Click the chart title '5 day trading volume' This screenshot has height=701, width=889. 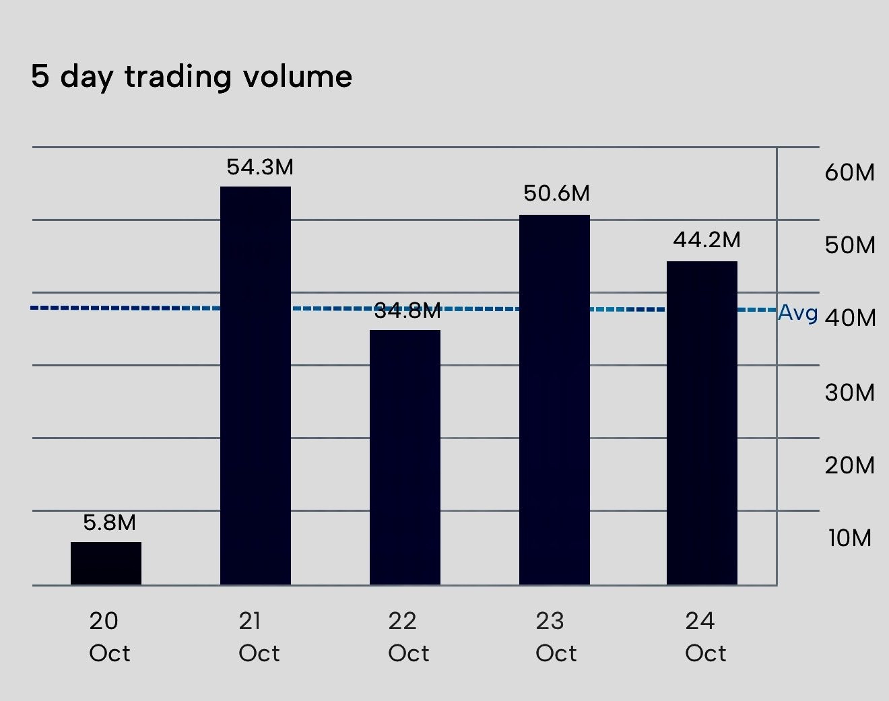coord(191,77)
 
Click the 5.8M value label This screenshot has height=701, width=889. coord(109,523)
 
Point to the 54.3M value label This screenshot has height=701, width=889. coord(259,167)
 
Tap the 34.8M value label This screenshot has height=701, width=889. coord(407,311)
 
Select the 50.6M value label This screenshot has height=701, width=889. coord(556,194)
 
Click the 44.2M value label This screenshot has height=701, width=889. coord(706,240)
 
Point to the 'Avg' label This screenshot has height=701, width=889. coord(798,312)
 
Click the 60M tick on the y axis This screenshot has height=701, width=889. coord(849,172)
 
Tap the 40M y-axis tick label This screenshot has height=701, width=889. coord(849,318)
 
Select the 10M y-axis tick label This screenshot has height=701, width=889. coord(849,538)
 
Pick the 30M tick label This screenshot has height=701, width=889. coord(849,392)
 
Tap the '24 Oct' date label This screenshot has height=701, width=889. coord(705,636)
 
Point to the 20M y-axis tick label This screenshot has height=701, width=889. coord(849,465)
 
